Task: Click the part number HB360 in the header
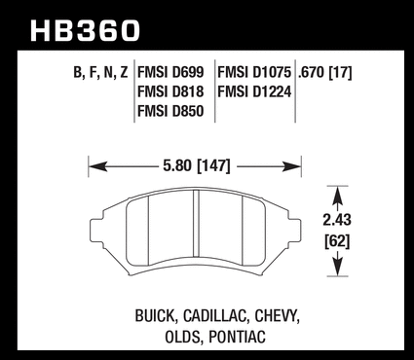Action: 85,31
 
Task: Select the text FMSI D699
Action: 170,72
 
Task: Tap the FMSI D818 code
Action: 170,91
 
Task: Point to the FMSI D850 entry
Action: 170,111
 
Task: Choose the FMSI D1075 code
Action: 254,72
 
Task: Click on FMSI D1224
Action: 254,91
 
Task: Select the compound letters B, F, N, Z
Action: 100,73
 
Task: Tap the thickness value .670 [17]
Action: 324,73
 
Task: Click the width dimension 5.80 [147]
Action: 197,166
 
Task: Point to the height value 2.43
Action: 337,220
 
